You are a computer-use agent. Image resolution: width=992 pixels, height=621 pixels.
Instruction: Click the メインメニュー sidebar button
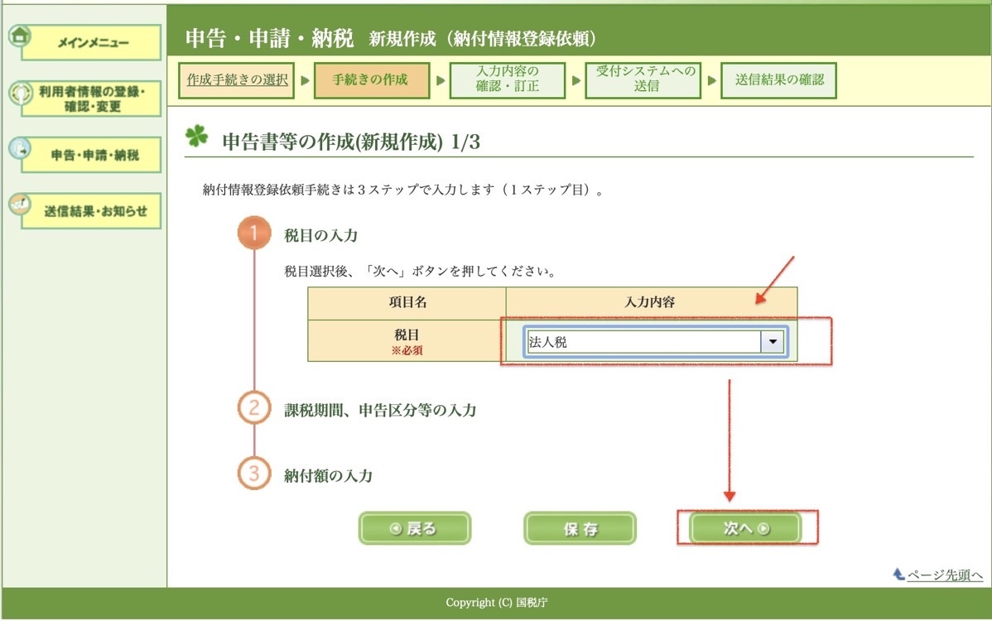coord(91,42)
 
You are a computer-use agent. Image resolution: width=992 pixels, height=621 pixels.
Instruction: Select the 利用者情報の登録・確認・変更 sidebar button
coord(91,99)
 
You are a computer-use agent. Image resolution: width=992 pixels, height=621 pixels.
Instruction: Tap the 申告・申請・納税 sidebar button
coord(91,155)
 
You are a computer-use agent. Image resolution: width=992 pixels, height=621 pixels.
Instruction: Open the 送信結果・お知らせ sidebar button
coord(91,211)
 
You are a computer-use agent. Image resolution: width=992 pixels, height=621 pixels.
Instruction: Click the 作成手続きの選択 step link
coord(238,79)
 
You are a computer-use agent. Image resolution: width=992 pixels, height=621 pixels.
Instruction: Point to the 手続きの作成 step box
coord(371,80)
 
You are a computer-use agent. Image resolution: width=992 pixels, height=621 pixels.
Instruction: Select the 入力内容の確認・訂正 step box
coord(508,80)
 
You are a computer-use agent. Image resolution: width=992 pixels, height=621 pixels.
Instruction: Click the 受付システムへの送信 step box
coord(643,80)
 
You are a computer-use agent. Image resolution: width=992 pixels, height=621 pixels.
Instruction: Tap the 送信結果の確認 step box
coord(779,80)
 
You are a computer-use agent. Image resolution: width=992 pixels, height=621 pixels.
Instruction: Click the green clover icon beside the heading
coord(197,136)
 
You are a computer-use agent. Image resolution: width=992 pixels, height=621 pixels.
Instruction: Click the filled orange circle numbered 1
coord(254,233)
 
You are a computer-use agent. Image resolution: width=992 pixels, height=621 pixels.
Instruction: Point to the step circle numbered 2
coord(254,408)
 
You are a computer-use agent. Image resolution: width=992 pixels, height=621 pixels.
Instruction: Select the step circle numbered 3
coord(254,474)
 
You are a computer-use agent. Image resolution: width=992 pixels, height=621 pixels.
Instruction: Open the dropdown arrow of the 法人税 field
coord(773,342)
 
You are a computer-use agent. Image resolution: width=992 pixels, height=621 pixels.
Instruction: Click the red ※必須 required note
coord(407,350)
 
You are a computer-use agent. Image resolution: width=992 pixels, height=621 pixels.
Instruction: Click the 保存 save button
coord(580,528)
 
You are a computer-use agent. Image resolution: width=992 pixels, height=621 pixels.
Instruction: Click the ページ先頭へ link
coord(945,575)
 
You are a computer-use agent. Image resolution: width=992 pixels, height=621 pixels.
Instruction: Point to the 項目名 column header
coord(407,302)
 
